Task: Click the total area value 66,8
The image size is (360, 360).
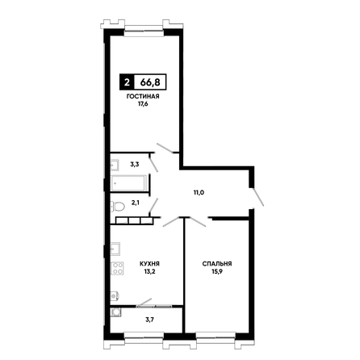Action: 150,82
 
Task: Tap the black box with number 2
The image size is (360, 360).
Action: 127,82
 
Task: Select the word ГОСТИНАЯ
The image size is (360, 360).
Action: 143,96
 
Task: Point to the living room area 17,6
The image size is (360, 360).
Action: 143,104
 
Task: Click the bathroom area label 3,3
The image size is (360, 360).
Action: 135,164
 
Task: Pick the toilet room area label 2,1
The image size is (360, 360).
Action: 136,203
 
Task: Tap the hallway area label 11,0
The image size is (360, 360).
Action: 199,192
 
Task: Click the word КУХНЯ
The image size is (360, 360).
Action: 149,264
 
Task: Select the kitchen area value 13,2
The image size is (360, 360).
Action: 150,271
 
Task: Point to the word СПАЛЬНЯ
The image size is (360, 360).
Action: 217,264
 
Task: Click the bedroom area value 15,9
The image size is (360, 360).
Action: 217,271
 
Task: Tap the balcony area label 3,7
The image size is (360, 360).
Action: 150,320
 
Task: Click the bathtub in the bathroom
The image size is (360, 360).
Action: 129,183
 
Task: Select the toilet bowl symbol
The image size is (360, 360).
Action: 118,207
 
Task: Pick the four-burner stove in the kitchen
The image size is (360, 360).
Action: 117,268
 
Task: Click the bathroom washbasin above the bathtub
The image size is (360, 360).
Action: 115,165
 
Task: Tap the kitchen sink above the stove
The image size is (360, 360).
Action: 115,249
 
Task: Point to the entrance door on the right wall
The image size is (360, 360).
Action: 257,197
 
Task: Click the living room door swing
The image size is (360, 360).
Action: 165,149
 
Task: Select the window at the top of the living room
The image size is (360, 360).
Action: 144,30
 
